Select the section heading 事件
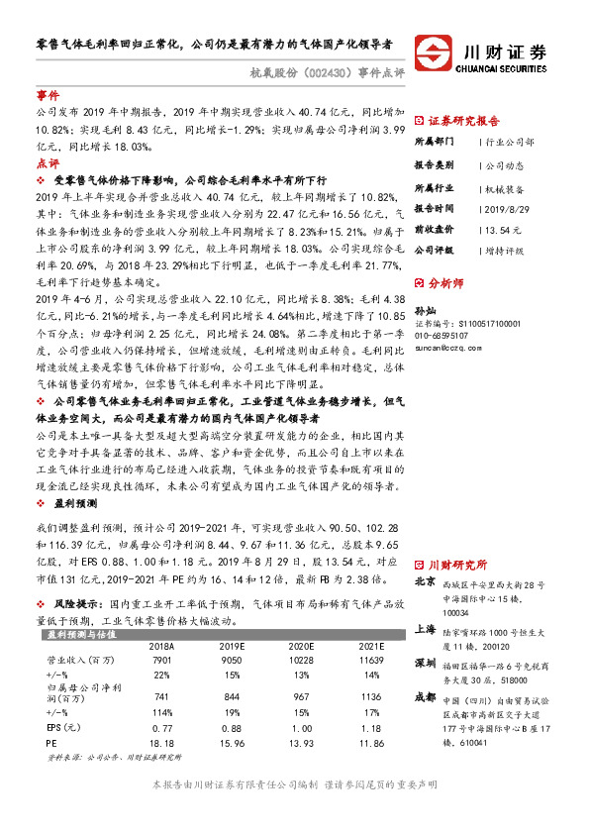click(x=48, y=96)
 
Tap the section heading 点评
click(x=48, y=162)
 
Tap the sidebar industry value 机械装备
click(x=511, y=187)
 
